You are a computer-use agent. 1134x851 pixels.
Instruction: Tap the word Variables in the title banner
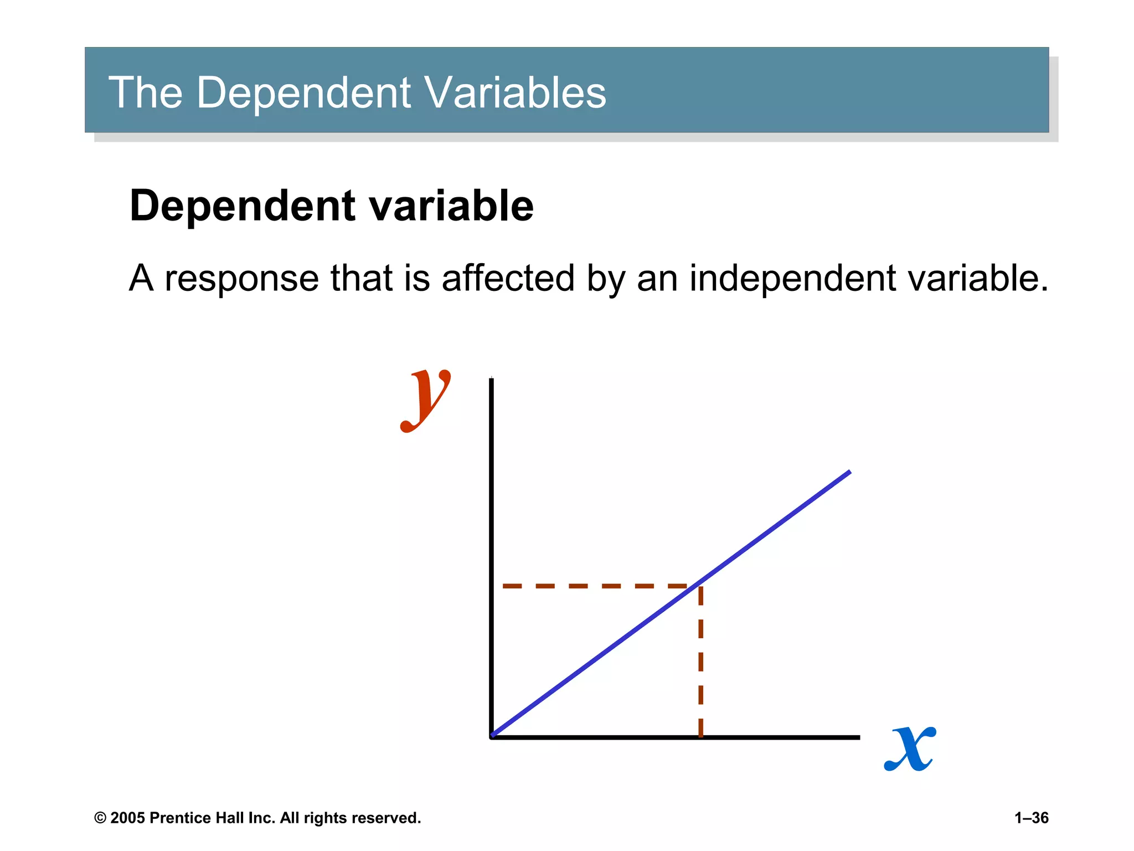(515, 92)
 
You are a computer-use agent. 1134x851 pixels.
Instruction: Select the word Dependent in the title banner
(303, 92)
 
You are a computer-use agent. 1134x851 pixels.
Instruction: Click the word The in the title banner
(145, 92)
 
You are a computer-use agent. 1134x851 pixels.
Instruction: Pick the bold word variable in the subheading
(451, 206)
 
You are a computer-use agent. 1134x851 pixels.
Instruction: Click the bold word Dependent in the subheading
(243, 206)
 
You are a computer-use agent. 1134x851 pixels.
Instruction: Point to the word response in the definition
(241, 278)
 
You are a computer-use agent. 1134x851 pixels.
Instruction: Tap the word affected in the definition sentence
(508, 278)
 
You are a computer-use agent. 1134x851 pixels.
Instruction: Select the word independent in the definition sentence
(792, 278)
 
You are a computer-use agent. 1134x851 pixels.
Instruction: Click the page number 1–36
(1031, 818)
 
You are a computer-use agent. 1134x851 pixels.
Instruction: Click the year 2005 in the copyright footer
(127, 818)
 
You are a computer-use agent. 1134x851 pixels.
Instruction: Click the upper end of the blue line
(849, 472)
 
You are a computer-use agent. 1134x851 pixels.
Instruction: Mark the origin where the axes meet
(492, 737)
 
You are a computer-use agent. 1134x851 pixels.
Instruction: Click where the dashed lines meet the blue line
(700, 586)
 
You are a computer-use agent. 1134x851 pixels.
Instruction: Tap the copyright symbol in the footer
(100, 818)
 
